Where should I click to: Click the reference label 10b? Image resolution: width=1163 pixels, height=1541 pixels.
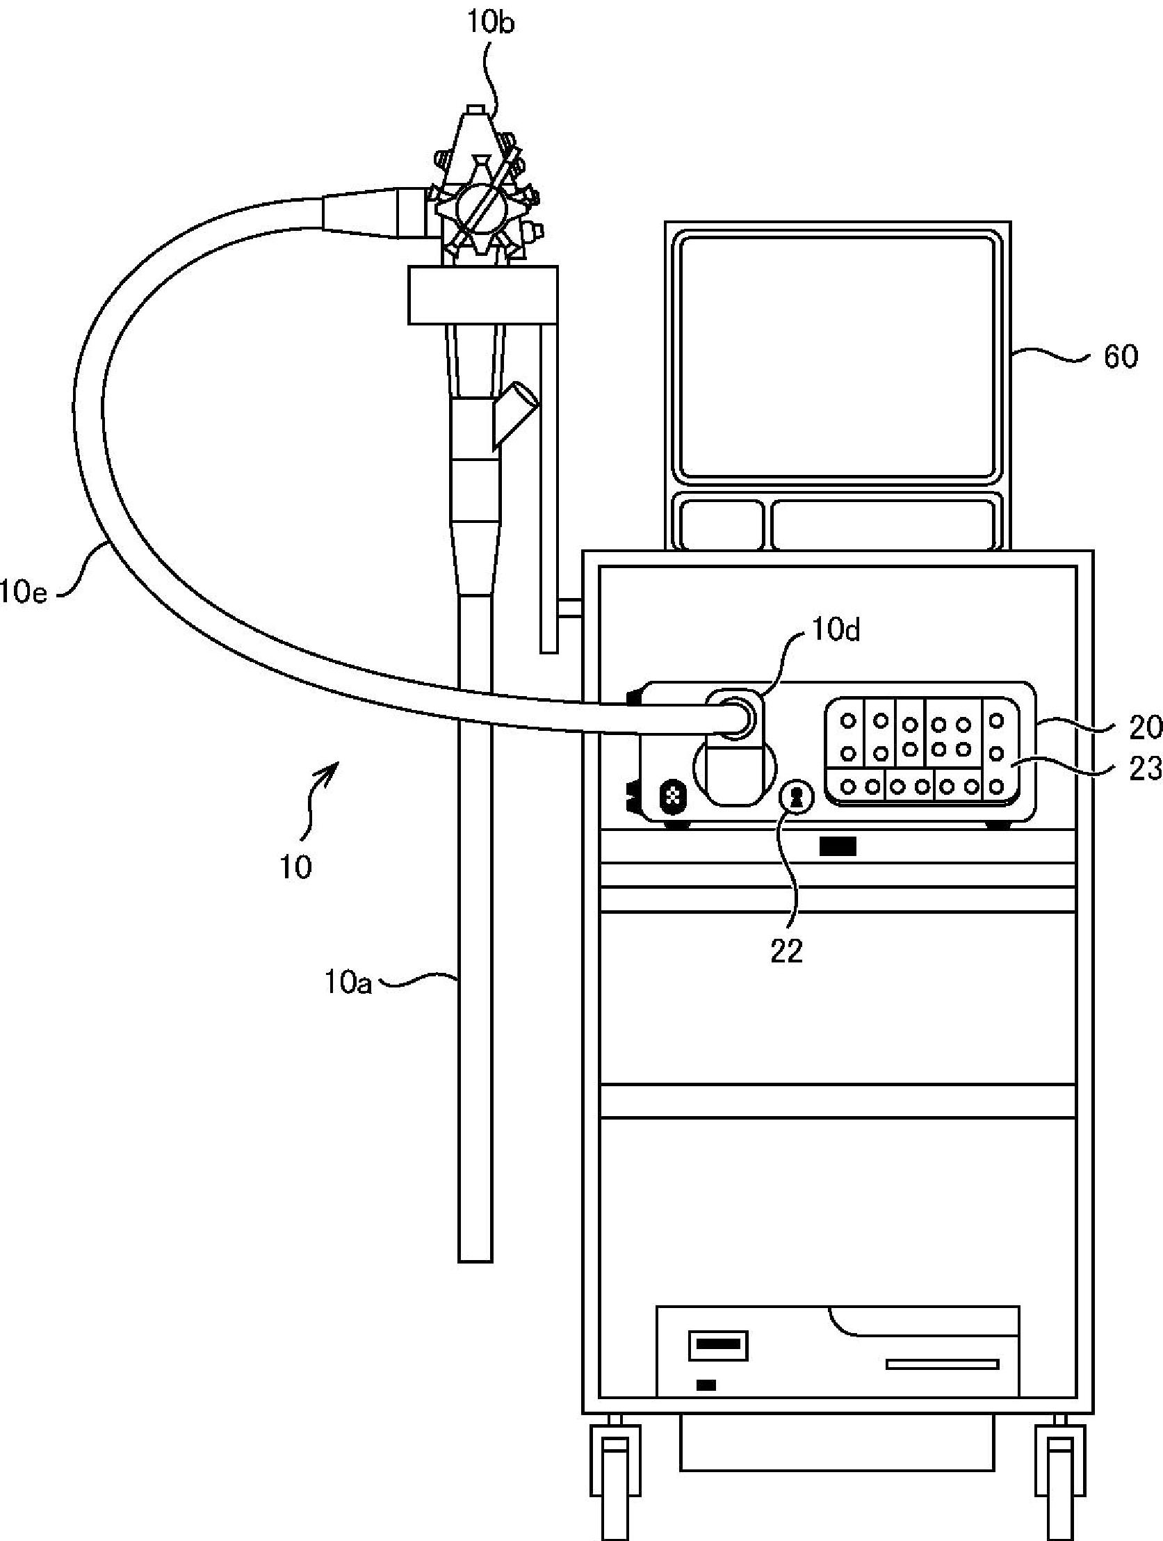pyautogui.click(x=490, y=23)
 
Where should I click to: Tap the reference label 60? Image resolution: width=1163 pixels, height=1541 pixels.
pyautogui.click(x=1120, y=357)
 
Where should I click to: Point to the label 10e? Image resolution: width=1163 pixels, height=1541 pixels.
pyautogui.click(x=24, y=593)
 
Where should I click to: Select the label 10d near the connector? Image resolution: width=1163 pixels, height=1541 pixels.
pyautogui.click(x=836, y=630)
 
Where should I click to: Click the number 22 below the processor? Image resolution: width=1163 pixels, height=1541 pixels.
pyautogui.click(x=786, y=950)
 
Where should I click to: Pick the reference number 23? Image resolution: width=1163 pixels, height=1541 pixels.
pyautogui.click(x=1145, y=768)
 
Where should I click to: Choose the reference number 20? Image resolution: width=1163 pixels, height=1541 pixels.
pyautogui.click(x=1145, y=727)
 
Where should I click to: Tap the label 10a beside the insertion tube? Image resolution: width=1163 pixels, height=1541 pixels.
pyautogui.click(x=348, y=983)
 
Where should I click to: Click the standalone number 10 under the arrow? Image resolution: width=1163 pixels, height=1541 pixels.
pyautogui.click(x=295, y=867)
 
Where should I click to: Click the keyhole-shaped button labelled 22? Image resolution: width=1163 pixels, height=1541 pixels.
pyautogui.click(x=797, y=798)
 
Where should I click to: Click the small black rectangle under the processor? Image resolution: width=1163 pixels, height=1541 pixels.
pyautogui.click(x=838, y=846)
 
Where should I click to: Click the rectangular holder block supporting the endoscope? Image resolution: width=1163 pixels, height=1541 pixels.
pyautogui.click(x=482, y=295)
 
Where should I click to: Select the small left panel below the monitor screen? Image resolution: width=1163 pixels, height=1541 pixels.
pyautogui.click(x=722, y=524)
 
